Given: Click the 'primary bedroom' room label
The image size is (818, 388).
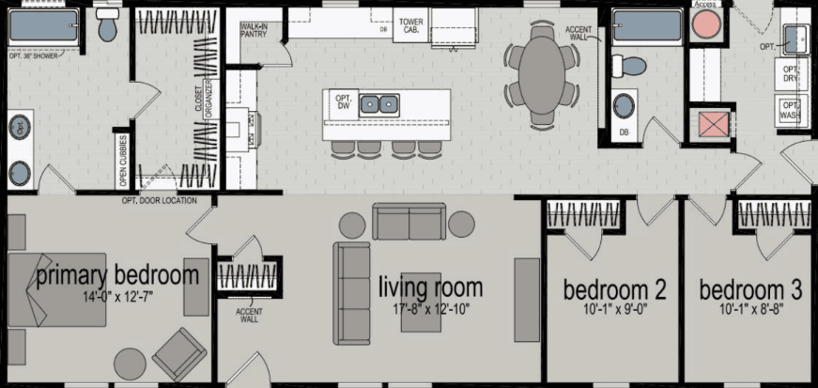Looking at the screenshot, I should [117, 274].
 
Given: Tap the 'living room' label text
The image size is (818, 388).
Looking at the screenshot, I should [430, 287].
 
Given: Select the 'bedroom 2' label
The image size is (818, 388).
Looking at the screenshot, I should [614, 289].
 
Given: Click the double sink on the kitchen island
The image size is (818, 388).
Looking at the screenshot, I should [379, 103].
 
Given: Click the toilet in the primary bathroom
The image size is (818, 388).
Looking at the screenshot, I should [107, 28].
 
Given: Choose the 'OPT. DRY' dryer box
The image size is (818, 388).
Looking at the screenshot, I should [790, 75].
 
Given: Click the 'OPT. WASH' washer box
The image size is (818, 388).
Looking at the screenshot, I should [790, 111].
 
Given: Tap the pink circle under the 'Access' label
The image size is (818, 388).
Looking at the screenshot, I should [704, 26].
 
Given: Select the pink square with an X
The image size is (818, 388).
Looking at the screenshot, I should [704, 123].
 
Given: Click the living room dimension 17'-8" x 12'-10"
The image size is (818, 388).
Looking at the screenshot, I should [430, 307].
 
